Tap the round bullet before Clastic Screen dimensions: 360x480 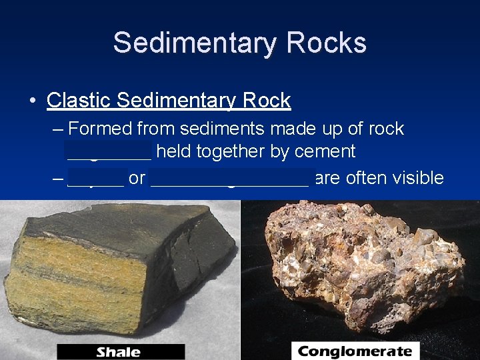(33, 101)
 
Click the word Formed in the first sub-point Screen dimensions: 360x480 (101, 128)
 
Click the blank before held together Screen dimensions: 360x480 (109, 152)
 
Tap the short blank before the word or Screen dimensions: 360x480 (95, 179)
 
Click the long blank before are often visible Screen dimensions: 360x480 (230, 179)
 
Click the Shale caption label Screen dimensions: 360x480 (120, 352)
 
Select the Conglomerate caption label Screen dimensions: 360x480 (355, 351)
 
